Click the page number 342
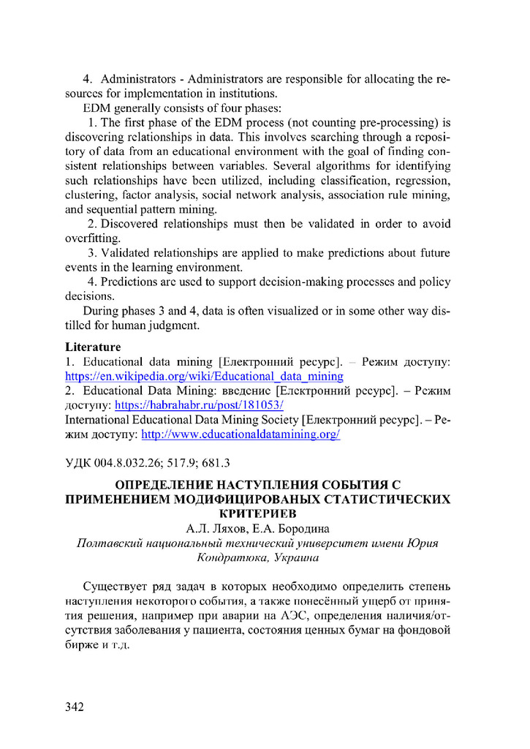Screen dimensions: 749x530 tap(75, 707)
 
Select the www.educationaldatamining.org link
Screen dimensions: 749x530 tap(241, 434)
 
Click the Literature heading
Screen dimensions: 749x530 tap(93, 347)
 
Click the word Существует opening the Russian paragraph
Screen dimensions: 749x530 tap(118, 587)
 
